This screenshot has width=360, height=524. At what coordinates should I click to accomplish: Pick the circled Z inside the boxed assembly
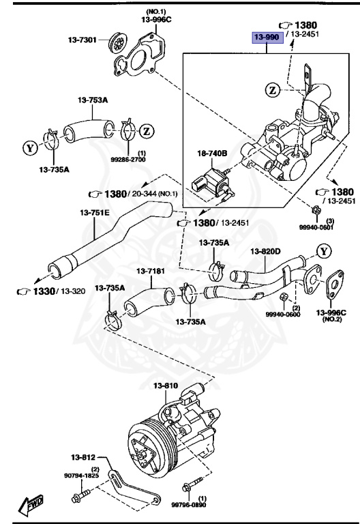coord(273,89)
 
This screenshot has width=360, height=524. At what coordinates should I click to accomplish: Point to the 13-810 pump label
coord(165,385)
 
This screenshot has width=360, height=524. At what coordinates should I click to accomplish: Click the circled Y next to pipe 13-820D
coord(324,250)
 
